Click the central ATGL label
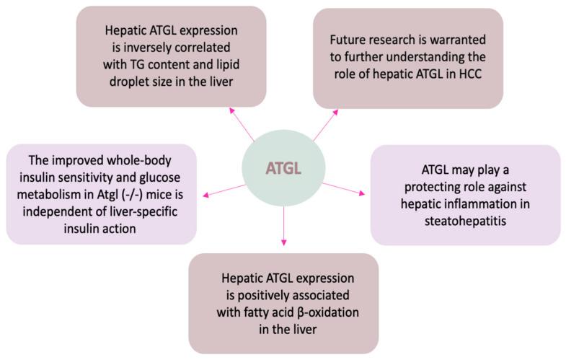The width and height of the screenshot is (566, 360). click(x=283, y=168)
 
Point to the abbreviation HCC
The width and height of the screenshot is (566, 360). click(x=470, y=74)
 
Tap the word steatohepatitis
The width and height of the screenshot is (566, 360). click(x=465, y=221)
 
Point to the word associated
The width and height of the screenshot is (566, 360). click(x=320, y=295)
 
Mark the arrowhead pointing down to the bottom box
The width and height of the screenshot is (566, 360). click(x=284, y=242)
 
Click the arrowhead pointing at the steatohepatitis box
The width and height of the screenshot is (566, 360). click(x=362, y=193)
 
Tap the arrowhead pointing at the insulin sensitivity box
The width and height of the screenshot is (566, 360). click(x=205, y=195)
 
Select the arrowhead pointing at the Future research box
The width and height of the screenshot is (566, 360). click(x=335, y=113)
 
